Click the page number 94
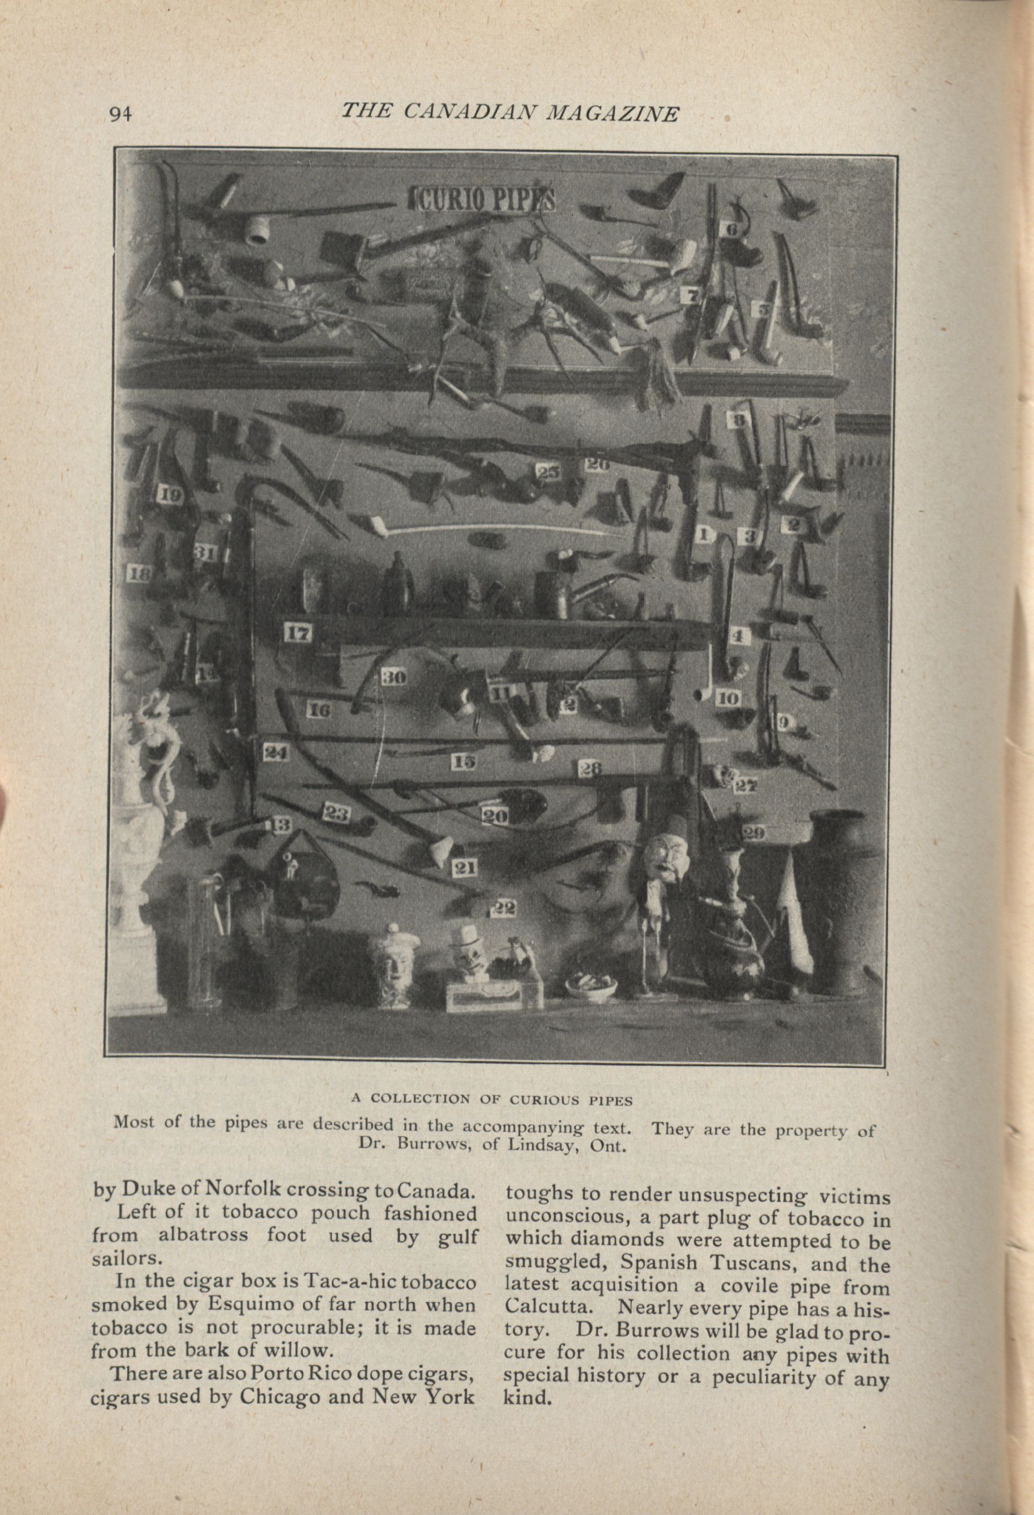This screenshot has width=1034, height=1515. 121,114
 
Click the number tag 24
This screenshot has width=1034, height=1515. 275,753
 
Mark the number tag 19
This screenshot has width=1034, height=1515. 170,495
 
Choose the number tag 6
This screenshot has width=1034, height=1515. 730,230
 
